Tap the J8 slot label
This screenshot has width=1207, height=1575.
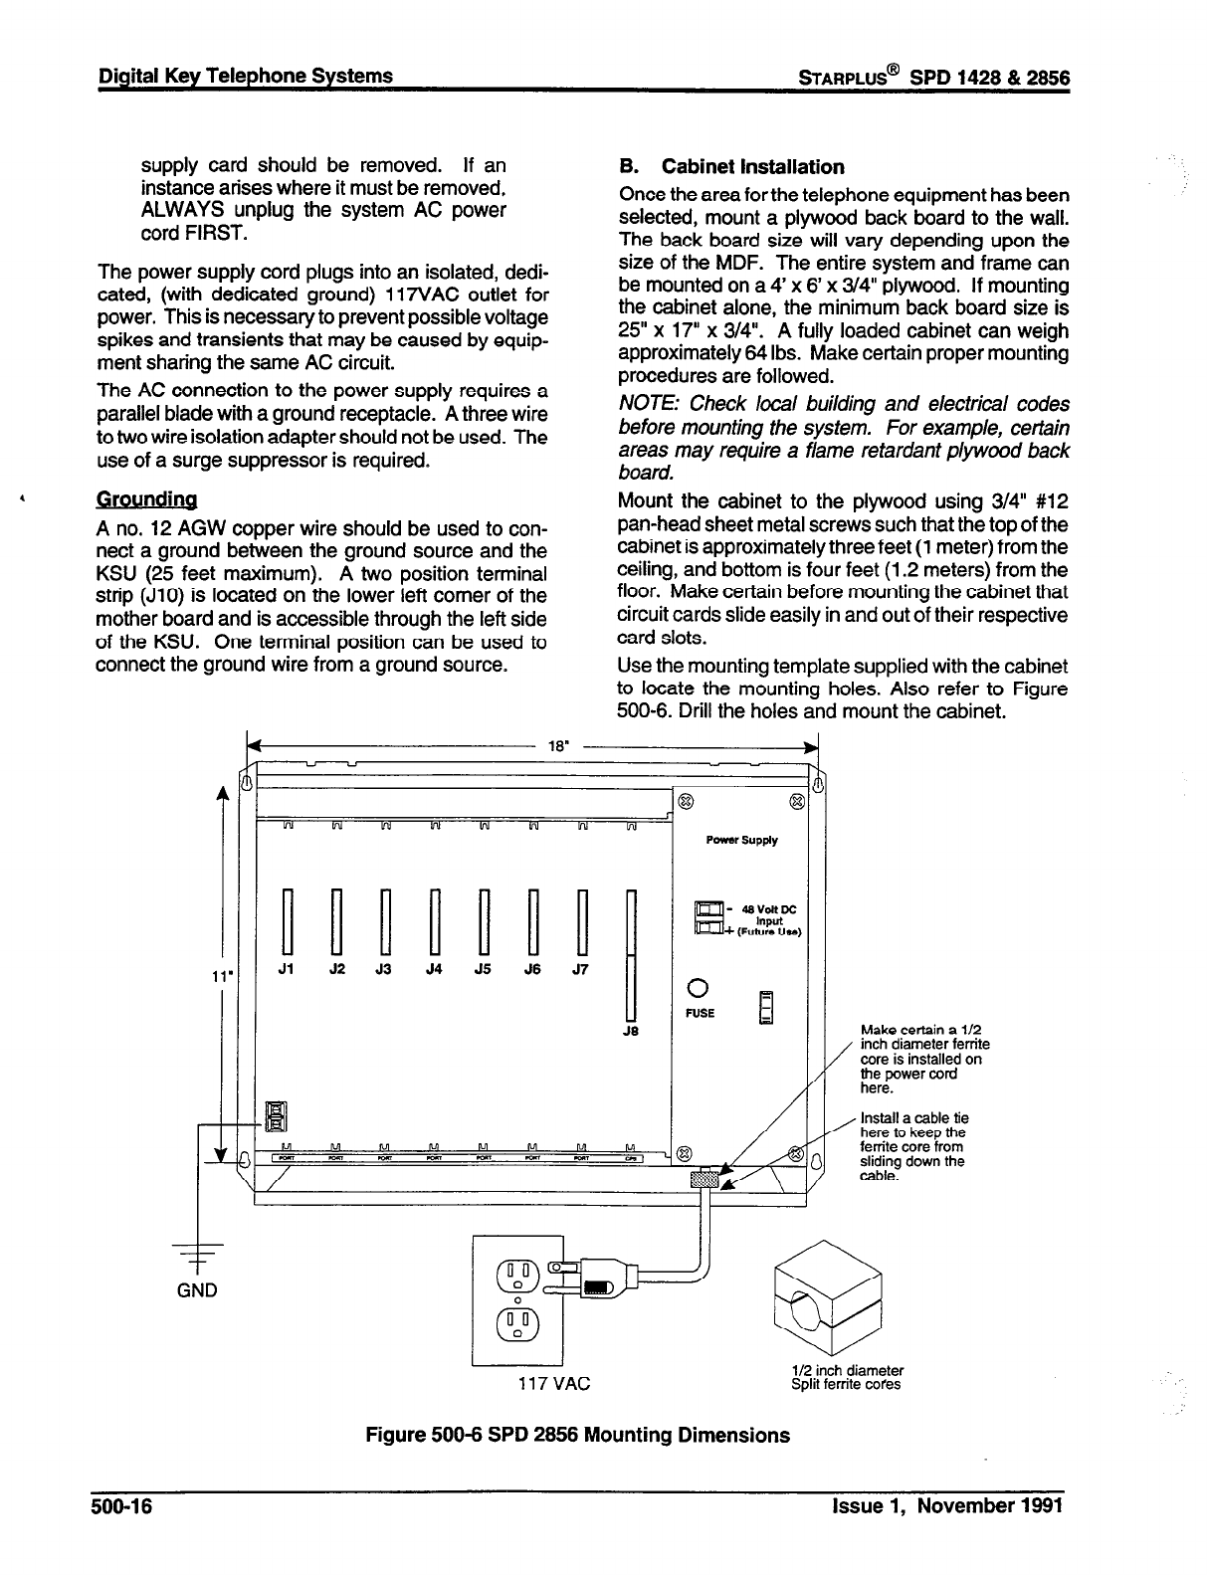629,1032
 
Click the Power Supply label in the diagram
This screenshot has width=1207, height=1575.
741,841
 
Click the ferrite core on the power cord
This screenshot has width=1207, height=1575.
704,1179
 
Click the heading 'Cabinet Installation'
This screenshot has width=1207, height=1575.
752,167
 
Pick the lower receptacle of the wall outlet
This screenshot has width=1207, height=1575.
516,1324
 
